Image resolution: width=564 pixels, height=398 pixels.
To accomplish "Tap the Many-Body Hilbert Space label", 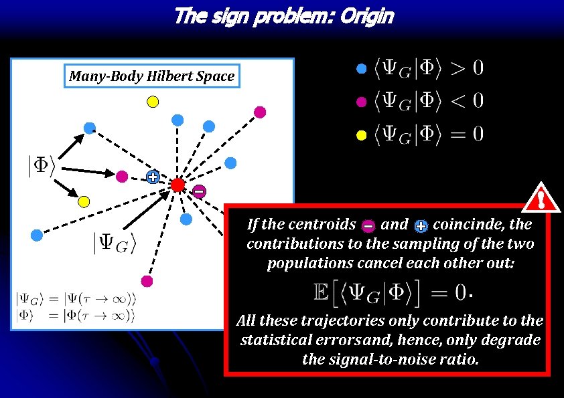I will [x=152, y=76].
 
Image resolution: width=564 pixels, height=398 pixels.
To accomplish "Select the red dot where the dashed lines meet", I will [x=178, y=184].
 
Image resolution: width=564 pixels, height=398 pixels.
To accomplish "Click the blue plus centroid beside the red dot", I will [x=153, y=177].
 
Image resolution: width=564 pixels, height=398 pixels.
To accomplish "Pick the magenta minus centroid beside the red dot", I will [x=199, y=192].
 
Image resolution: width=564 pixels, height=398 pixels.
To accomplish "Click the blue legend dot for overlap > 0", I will [x=361, y=68].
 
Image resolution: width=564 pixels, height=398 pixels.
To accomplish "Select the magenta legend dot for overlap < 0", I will [x=361, y=102].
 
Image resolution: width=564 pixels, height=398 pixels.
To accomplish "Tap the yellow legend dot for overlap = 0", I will [x=361, y=136].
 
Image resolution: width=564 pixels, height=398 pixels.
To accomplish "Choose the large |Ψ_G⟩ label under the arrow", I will [x=114, y=243].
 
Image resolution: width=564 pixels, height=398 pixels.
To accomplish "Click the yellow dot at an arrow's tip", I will [x=84, y=201].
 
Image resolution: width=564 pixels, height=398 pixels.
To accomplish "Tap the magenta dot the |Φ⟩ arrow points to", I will [x=122, y=177].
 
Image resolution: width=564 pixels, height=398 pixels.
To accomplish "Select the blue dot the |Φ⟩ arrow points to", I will [x=89, y=128].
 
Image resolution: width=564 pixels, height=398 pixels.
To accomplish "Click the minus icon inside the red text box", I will [x=368, y=226].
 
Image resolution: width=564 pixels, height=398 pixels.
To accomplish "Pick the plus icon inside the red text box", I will [x=421, y=226].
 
